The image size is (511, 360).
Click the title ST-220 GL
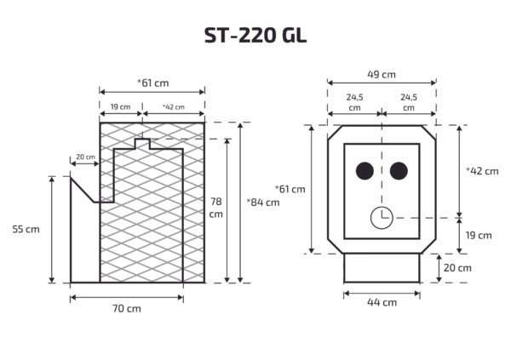point(255,36)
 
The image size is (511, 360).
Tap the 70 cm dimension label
point(127,308)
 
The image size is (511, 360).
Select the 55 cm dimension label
point(26,229)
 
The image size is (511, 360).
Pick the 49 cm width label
point(382,74)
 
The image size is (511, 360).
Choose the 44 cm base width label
point(382,302)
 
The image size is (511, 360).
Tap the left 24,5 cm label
point(354,103)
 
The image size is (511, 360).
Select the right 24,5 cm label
point(409,103)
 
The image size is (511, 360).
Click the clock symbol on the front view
point(381,218)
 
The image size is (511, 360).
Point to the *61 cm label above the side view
point(152,82)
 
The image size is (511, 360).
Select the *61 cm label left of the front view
point(290,188)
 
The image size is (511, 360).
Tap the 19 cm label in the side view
point(121,107)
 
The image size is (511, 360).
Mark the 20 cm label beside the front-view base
point(458,267)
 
